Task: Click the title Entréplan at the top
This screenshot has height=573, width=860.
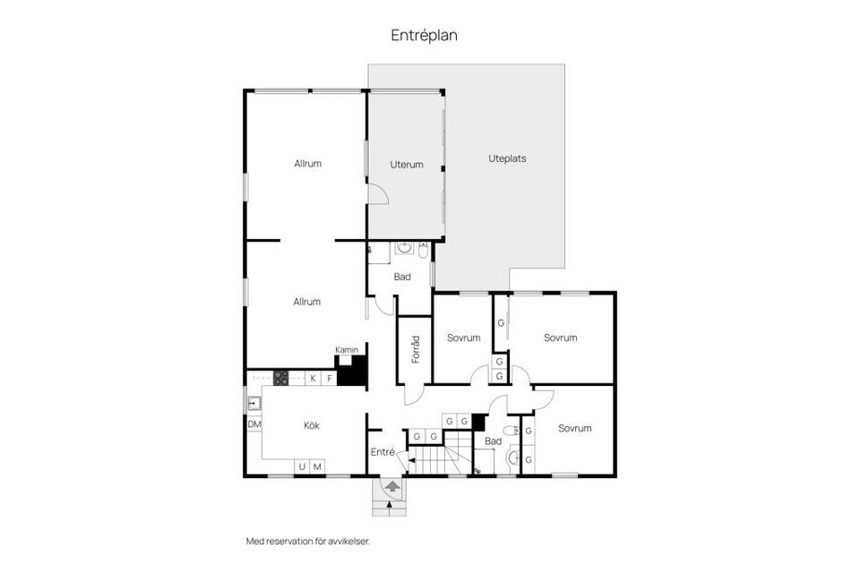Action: (424, 35)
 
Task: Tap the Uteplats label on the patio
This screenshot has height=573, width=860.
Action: (507, 158)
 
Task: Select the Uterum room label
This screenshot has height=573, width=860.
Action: (406, 165)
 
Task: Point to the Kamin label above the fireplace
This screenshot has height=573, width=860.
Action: (347, 349)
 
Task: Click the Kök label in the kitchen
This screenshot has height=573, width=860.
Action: (311, 425)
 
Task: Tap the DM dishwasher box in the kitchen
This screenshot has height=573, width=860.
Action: (254, 424)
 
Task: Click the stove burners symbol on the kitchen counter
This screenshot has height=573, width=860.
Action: (281, 378)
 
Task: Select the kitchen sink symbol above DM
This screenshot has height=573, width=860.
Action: (253, 403)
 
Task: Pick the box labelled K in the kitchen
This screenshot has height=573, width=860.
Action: (314, 379)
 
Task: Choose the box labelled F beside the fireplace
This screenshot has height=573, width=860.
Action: (329, 379)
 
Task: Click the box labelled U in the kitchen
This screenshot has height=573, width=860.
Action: (302, 467)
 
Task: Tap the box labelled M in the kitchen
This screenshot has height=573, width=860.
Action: (317, 467)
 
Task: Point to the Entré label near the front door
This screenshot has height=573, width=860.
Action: (383, 452)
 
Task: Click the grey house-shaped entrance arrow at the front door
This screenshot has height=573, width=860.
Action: (391, 486)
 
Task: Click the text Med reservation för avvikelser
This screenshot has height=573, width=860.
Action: (307, 541)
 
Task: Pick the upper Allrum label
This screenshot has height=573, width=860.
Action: (307, 164)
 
